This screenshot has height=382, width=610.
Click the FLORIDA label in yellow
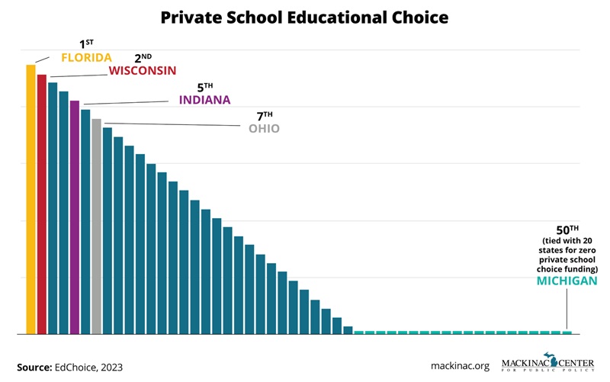click(x=86, y=58)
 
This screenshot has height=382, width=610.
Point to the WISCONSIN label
click(x=142, y=71)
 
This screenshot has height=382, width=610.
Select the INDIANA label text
click(x=204, y=100)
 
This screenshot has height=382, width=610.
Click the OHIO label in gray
click(x=264, y=129)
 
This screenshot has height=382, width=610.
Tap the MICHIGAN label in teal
click(x=566, y=281)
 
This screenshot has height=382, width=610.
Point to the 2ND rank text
click(x=143, y=58)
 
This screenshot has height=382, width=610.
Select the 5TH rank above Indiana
click(x=204, y=87)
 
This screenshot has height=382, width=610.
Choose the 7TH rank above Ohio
click(x=264, y=116)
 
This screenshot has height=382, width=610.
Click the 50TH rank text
click(x=566, y=230)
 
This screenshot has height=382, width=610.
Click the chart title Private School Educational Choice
click(x=305, y=16)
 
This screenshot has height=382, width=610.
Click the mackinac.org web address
click(x=461, y=366)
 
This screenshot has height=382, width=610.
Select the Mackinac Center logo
click(x=546, y=364)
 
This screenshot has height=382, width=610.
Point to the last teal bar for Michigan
click(x=567, y=332)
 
